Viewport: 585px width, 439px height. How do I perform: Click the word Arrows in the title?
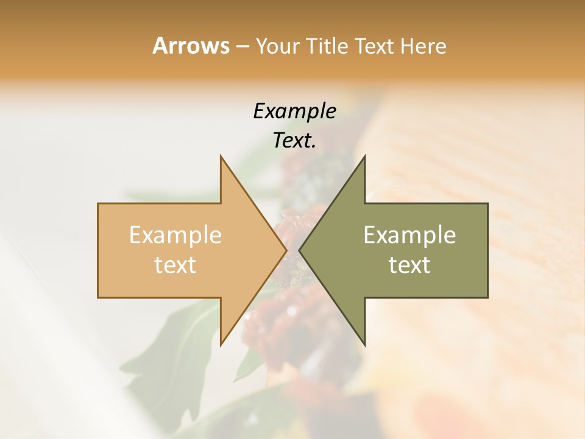pyautogui.click(x=191, y=46)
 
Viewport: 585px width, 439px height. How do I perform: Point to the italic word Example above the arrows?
pyautogui.click(x=294, y=111)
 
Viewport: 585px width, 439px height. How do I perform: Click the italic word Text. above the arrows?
pyautogui.click(x=294, y=140)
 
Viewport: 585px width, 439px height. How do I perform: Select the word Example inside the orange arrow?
pyautogui.click(x=175, y=235)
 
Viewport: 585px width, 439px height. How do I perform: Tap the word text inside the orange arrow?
pyautogui.click(x=175, y=265)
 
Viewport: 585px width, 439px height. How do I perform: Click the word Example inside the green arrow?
pyautogui.click(x=409, y=235)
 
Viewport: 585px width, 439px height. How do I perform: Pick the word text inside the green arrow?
pyautogui.click(x=409, y=265)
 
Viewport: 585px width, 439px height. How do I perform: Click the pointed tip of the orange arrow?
pyautogui.click(x=286, y=251)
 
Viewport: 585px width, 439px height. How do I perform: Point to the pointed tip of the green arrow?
pyautogui.click(x=299, y=251)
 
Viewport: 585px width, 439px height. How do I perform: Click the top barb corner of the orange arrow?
pyautogui.click(x=221, y=155)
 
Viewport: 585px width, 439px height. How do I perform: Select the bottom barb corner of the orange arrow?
pyautogui.click(x=221, y=346)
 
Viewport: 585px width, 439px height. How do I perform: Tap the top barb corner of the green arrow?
pyautogui.click(x=365, y=155)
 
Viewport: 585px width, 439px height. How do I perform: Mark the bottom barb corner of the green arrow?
pyautogui.click(x=365, y=346)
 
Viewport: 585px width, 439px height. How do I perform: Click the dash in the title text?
pyautogui.click(x=242, y=47)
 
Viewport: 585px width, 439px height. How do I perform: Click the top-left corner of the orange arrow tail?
pyautogui.click(x=98, y=204)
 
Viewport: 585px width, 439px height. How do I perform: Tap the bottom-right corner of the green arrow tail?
pyautogui.click(x=487, y=298)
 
